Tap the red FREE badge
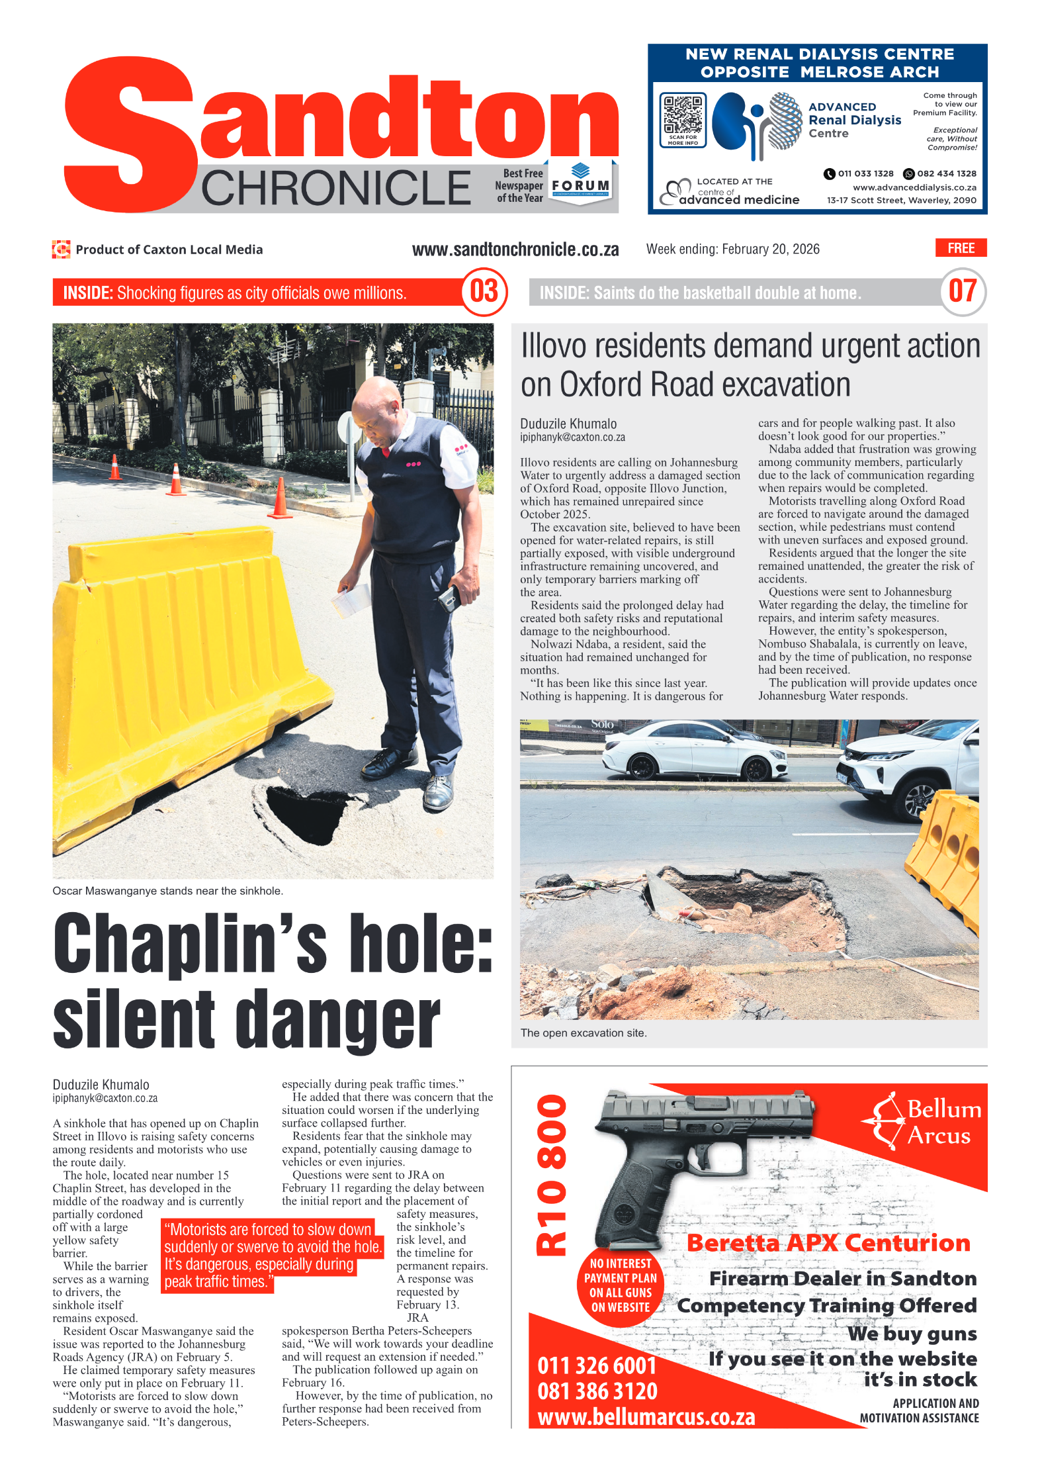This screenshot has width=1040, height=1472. (960, 248)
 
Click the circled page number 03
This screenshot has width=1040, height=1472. (484, 291)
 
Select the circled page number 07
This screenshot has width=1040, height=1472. (962, 291)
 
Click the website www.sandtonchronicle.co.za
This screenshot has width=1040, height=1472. (515, 250)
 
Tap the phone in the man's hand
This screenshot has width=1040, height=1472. (449, 598)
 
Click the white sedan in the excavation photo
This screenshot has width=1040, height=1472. (695, 751)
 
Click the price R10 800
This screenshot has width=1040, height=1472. (552, 1175)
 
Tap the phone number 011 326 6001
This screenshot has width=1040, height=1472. (596, 1365)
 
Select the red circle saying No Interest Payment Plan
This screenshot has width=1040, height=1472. (620, 1285)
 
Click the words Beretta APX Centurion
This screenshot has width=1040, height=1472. (828, 1242)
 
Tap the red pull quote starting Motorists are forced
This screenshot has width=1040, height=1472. (271, 1255)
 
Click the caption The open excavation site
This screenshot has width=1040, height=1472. (583, 1033)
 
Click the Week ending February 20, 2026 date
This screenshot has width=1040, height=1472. (732, 249)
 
